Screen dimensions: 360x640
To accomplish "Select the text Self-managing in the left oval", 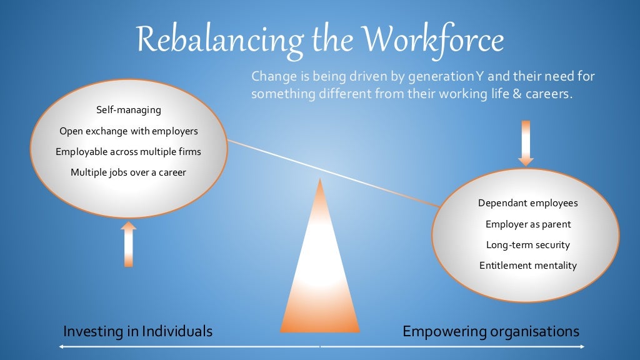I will coord(129,110).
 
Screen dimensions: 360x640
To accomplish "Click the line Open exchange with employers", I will coord(129,131).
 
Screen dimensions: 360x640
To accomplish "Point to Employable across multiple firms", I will coord(128,152).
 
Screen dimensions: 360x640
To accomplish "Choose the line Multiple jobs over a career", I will coord(128,172).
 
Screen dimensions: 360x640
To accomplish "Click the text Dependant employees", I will coord(528,203).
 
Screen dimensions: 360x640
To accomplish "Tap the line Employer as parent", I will coord(528,224).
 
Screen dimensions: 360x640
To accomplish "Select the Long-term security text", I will coord(528,245).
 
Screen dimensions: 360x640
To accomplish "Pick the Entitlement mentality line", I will coord(528,266).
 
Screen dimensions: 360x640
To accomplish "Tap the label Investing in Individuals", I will coord(137,331).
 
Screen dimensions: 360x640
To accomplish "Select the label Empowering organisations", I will coord(491,331).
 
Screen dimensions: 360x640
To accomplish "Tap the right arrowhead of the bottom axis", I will coord(582,346).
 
